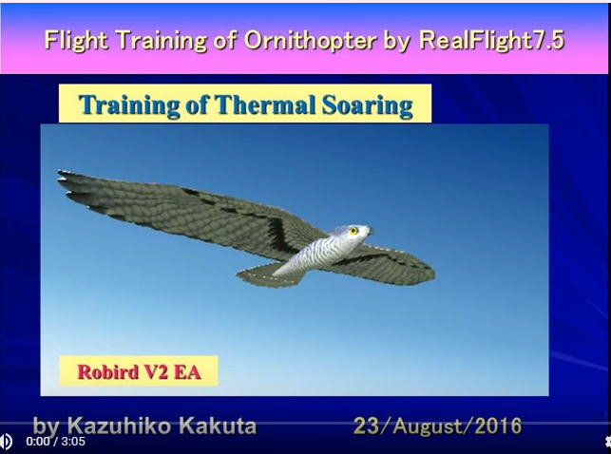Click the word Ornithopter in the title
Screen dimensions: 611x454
pos(311,40)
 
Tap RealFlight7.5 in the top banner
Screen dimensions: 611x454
pos(492,40)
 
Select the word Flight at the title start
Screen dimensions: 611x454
pos(76,40)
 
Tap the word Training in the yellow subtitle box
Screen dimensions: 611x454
pos(129,105)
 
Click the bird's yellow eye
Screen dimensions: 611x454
pos(353,231)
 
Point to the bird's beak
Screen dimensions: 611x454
pos(370,232)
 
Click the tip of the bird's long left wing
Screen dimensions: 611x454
pos(59,171)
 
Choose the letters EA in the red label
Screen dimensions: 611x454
pos(187,372)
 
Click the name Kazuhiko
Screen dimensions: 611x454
pos(119,426)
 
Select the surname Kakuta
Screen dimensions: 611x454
pos(218,426)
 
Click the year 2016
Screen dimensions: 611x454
pos(498,426)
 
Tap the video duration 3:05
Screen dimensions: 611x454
pos(73,442)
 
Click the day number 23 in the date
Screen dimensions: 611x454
pos(366,426)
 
